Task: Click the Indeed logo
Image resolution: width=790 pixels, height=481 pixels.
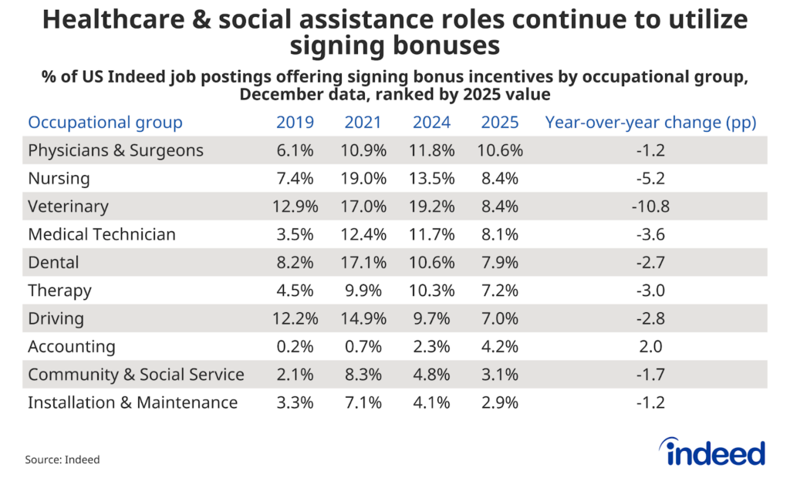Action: (x=712, y=452)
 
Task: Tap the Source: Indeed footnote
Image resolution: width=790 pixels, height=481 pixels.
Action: (x=62, y=459)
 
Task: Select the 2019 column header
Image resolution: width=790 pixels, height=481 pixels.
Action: (x=295, y=123)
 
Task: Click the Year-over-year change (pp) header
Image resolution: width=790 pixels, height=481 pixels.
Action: (x=650, y=123)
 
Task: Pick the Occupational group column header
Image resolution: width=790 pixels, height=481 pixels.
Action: (x=105, y=123)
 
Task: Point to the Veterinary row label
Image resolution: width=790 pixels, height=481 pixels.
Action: (x=68, y=207)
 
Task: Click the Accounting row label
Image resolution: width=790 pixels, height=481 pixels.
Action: (x=72, y=346)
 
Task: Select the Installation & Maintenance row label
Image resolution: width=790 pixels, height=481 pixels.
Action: (x=133, y=402)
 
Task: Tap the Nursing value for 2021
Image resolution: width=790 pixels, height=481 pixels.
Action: (x=363, y=179)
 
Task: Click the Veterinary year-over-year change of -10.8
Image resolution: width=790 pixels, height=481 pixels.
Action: (x=650, y=207)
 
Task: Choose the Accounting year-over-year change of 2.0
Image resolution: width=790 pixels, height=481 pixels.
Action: (x=650, y=346)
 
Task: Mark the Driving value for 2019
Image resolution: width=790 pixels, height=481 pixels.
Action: (x=295, y=318)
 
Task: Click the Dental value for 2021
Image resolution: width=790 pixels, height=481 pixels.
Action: (x=363, y=262)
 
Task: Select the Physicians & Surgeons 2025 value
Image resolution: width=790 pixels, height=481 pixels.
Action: (x=500, y=150)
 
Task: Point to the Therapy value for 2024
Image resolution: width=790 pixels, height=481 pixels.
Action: (x=432, y=291)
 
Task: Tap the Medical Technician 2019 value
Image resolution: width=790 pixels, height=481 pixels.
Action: (x=295, y=234)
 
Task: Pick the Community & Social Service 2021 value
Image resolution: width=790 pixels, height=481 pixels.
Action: (x=363, y=375)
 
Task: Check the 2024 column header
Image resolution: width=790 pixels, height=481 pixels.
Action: (x=432, y=123)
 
